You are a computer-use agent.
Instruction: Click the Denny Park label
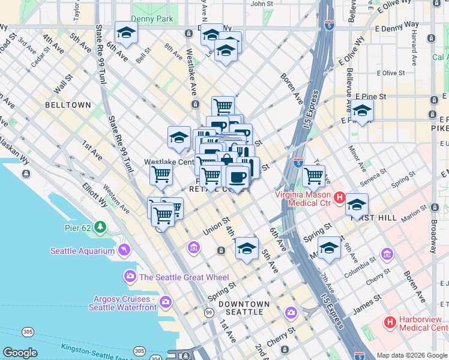(x=152, y=19)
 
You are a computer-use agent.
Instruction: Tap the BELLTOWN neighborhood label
(x=68, y=105)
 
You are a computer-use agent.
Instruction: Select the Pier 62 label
(x=79, y=227)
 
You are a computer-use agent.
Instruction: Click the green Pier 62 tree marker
(x=100, y=227)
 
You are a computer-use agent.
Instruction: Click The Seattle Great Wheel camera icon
(x=130, y=277)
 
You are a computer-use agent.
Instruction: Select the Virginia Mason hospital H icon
(x=339, y=197)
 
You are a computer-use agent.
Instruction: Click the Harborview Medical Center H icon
(x=390, y=322)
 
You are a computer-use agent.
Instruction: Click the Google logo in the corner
(x=20, y=353)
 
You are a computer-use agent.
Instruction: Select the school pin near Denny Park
(x=126, y=34)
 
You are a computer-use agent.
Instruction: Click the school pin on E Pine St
(x=362, y=111)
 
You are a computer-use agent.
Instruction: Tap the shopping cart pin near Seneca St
(x=314, y=176)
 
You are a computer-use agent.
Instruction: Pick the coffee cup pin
(x=237, y=176)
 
